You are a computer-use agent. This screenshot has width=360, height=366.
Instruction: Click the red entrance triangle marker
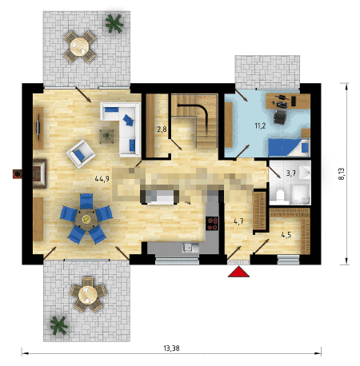(x=238, y=272)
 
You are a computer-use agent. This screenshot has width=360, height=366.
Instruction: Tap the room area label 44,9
(x=102, y=178)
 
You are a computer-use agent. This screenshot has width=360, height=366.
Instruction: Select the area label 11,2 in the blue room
(x=260, y=125)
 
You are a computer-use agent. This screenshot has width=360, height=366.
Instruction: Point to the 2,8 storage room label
(x=162, y=129)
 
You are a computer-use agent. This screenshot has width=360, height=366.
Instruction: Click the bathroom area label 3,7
(x=291, y=173)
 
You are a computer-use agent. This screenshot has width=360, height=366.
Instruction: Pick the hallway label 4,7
(x=238, y=221)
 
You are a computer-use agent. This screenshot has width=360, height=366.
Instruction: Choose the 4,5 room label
(x=286, y=235)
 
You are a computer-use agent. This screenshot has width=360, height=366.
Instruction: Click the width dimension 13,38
(x=171, y=348)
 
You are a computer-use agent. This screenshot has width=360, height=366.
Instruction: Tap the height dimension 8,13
(x=342, y=173)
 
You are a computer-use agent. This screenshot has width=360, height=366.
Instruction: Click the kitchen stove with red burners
(x=212, y=223)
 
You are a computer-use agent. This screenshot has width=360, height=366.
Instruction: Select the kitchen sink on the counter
(x=190, y=248)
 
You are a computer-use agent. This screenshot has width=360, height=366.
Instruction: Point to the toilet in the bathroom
(x=280, y=195)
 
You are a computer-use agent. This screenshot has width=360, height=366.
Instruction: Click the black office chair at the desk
(x=279, y=117)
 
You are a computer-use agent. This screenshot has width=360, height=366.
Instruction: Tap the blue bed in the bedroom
(x=289, y=147)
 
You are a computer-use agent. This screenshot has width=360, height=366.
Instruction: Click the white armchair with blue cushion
(x=81, y=154)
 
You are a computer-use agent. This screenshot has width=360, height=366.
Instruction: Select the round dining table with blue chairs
(x=86, y=219)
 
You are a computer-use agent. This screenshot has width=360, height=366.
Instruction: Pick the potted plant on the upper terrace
(x=114, y=23)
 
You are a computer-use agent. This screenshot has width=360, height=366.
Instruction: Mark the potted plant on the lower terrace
(x=59, y=325)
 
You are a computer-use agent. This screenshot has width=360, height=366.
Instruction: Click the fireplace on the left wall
(x=39, y=173)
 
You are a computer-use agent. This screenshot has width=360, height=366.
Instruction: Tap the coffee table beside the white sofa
(x=106, y=136)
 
